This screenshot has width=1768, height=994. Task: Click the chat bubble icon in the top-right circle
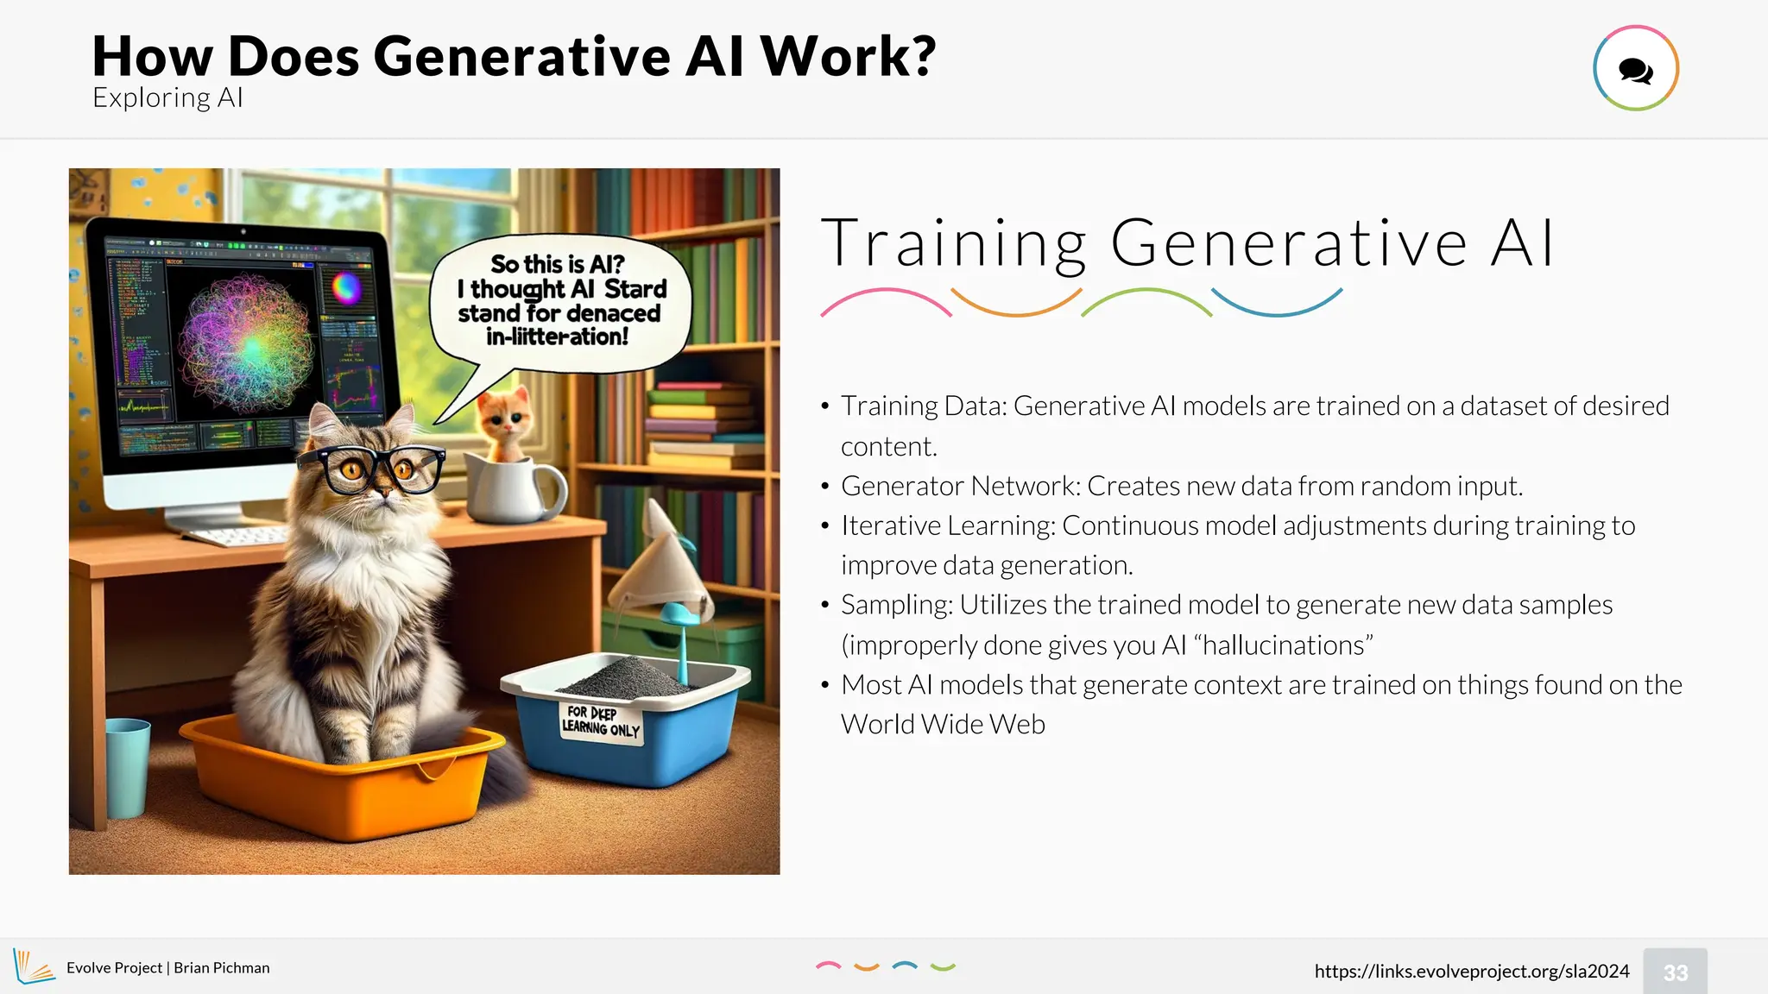[x=1635, y=70]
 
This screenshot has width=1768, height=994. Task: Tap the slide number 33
[x=1675, y=972]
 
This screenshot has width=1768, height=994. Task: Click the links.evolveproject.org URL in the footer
[x=1471, y=971]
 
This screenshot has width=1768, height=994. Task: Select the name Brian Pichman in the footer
[x=222, y=967]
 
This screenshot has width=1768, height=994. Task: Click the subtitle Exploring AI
[x=167, y=98]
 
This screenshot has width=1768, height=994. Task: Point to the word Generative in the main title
[x=521, y=56]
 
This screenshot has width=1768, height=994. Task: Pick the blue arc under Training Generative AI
[x=1277, y=304]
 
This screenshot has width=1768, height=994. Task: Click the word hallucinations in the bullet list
[x=1283, y=645]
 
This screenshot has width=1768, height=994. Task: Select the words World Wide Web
[x=943, y=724]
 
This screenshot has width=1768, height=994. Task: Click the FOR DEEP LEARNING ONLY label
[x=601, y=721]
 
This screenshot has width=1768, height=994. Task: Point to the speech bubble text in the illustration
[x=560, y=300]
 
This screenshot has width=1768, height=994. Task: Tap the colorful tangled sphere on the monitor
[x=247, y=344]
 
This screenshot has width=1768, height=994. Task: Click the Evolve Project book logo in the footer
[x=33, y=966]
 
